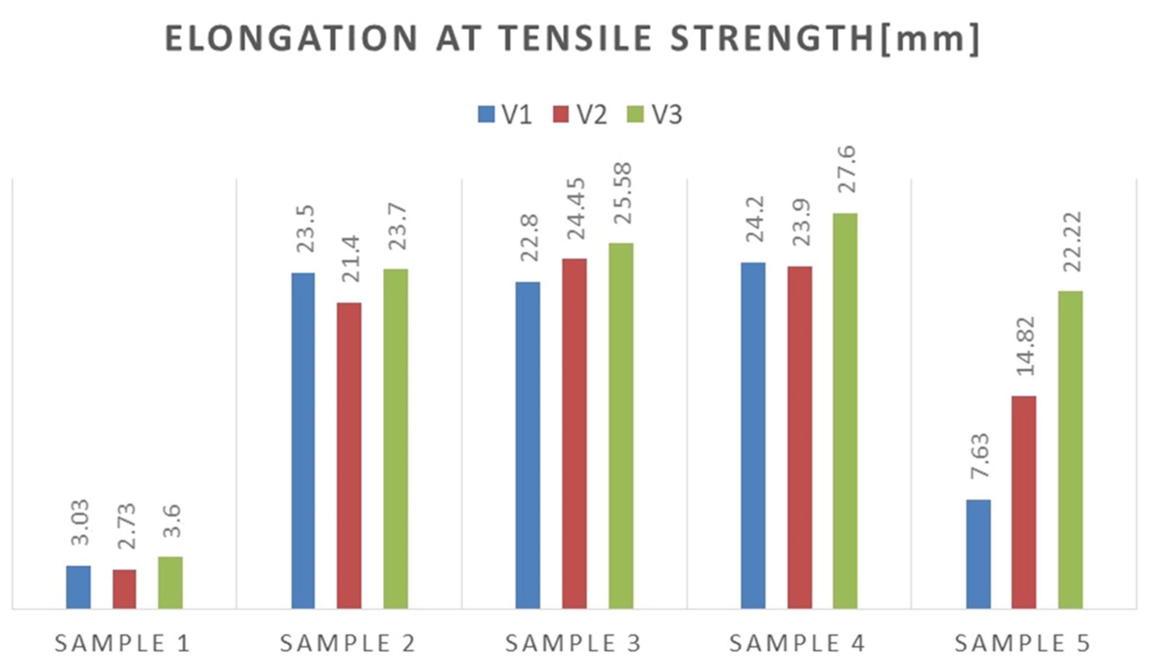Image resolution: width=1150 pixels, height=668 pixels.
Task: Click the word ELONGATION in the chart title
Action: [x=291, y=39]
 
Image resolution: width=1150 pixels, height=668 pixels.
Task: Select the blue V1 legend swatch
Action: [x=486, y=114]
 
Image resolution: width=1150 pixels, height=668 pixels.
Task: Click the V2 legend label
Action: [x=592, y=115]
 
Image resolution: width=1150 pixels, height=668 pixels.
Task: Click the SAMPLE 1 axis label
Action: [x=122, y=644]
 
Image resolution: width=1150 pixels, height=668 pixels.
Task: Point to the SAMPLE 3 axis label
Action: [x=573, y=644]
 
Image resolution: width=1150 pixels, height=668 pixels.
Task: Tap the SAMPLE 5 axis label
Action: [x=1023, y=644]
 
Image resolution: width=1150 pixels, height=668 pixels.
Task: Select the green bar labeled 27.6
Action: [x=845, y=411]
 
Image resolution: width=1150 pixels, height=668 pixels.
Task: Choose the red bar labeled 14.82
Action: [x=1024, y=502]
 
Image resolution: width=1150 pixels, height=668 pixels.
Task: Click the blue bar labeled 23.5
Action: [x=303, y=441]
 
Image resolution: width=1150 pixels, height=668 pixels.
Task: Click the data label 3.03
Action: [x=80, y=523]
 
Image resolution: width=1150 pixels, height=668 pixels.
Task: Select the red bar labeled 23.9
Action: [x=799, y=438]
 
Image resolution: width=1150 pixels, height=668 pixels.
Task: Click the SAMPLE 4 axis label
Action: [x=797, y=644]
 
